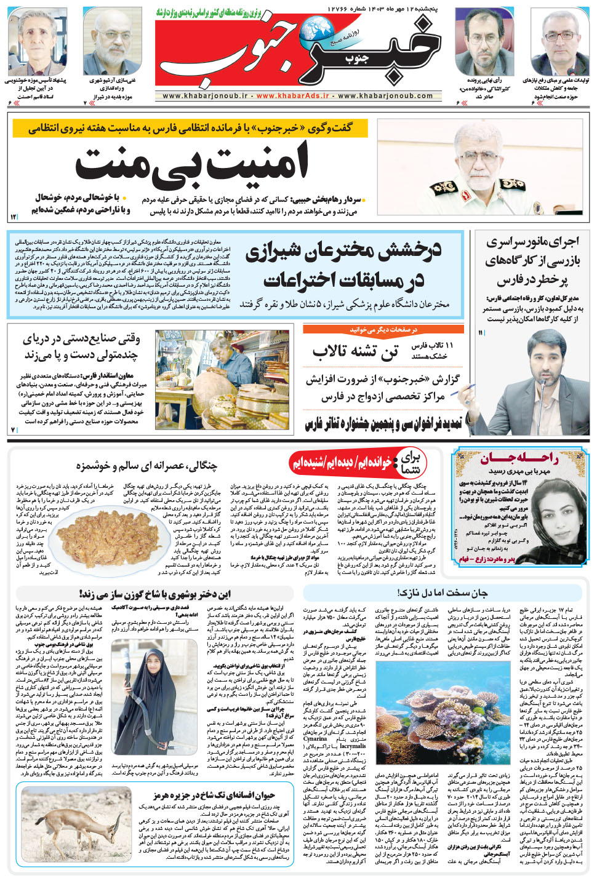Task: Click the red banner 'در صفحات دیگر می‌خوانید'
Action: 383,330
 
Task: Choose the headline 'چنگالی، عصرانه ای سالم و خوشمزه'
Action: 146,466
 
